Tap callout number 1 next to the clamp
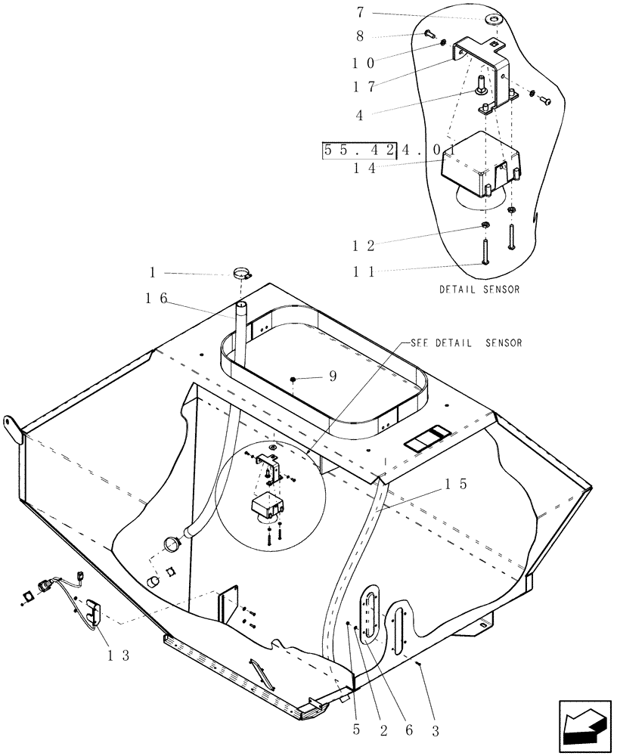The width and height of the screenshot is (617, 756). click(x=154, y=274)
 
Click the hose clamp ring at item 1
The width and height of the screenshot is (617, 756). click(x=243, y=274)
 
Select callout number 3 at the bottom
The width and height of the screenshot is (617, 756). click(x=434, y=731)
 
